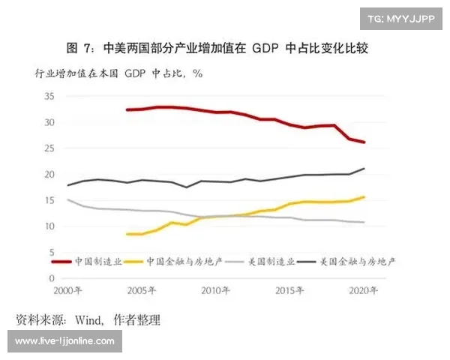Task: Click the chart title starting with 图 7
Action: (217, 48)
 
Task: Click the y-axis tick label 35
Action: (49, 97)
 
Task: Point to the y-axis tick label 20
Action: (49, 175)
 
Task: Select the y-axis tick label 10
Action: (49, 226)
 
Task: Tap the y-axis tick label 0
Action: (52, 278)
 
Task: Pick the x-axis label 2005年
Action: (141, 290)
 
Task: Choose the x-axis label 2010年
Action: (215, 290)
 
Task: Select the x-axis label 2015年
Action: (289, 290)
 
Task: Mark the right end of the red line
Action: (364, 142)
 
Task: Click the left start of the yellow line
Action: (127, 234)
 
